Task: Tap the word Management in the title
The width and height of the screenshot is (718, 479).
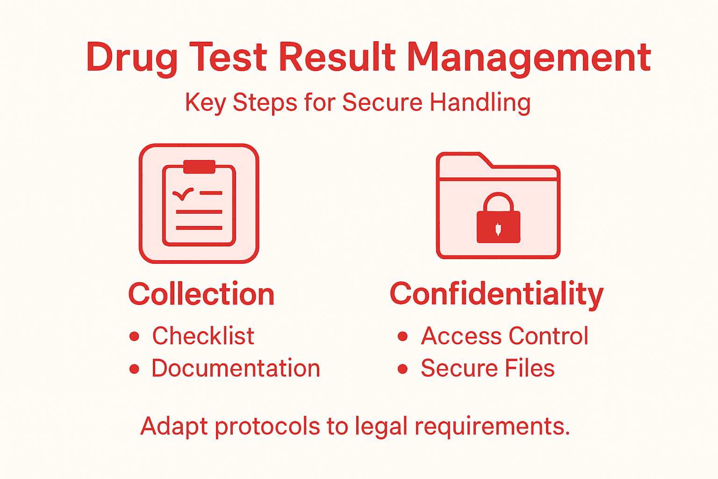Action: click(x=529, y=58)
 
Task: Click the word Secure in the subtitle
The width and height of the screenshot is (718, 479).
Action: click(x=382, y=102)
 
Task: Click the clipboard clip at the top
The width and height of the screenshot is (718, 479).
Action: click(x=199, y=167)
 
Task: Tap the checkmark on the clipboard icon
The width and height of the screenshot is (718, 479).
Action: click(x=183, y=193)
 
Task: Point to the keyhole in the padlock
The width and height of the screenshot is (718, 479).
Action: click(x=498, y=229)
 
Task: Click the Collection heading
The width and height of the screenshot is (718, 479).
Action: click(x=201, y=294)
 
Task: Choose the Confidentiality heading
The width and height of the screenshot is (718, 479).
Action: click(x=496, y=294)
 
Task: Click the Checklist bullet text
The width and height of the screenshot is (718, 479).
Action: click(x=203, y=336)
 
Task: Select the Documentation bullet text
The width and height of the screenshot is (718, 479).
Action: click(x=236, y=368)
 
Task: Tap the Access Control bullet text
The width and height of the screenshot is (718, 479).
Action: click(x=504, y=336)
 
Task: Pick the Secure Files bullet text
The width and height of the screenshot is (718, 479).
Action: click(x=488, y=368)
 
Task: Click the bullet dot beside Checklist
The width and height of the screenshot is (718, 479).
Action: click(x=135, y=336)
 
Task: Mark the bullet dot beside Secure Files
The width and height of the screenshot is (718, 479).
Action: click(x=402, y=369)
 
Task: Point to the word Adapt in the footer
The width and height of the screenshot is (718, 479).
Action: click(x=174, y=427)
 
